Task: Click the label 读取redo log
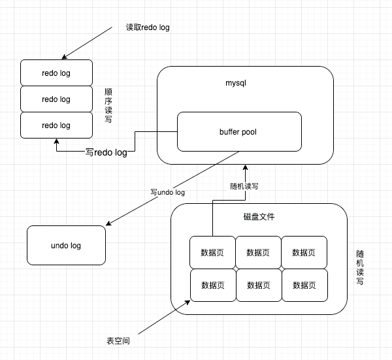(x=148, y=28)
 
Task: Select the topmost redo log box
(x=56, y=73)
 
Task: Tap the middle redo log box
(x=56, y=99)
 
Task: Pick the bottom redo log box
(x=56, y=125)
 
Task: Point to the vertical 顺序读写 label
(x=108, y=106)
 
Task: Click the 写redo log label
(x=106, y=152)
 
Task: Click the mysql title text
(x=235, y=84)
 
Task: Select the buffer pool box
(x=239, y=131)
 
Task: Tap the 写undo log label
(x=168, y=193)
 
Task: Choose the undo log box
(x=65, y=246)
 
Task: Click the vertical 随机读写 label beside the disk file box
(x=360, y=267)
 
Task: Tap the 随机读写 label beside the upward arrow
(x=245, y=186)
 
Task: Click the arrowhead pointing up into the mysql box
(x=246, y=167)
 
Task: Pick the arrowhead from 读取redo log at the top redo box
(x=62, y=56)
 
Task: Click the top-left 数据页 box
(x=212, y=252)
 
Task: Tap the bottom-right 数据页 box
(x=304, y=285)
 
